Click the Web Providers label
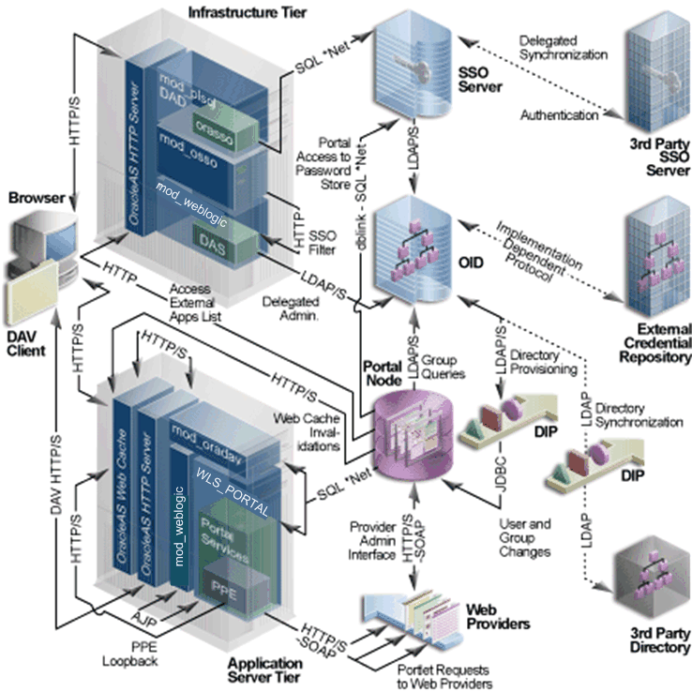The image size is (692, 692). pos(497,616)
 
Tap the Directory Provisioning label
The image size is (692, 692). pos(546,364)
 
